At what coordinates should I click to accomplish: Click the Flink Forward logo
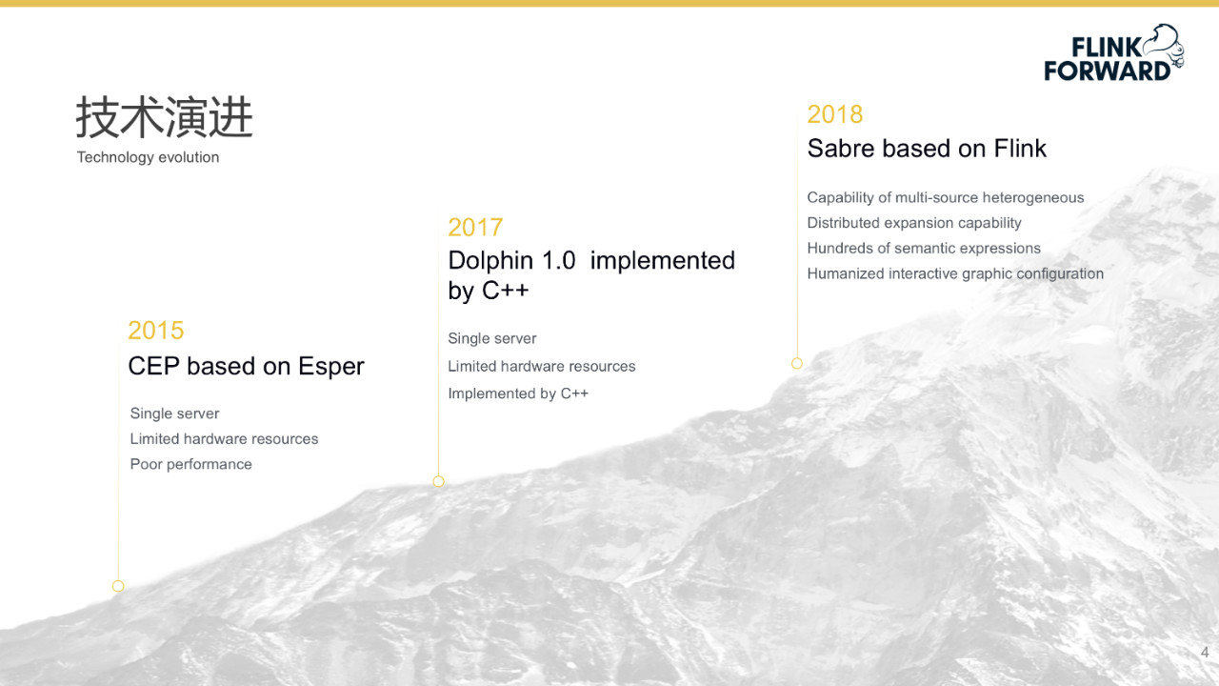[1113, 53]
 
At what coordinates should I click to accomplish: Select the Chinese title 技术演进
[165, 117]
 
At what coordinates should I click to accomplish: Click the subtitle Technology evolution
[148, 157]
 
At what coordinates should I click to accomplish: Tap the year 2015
[155, 331]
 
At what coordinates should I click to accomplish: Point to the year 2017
[475, 228]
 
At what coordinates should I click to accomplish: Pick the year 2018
[835, 114]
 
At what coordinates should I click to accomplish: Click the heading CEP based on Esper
[246, 367]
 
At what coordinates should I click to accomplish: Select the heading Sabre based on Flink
[927, 149]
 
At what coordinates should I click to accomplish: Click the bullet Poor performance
[191, 464]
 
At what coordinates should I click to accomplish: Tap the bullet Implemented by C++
[518, 393]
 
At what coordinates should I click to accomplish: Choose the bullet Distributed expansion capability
[914, 223]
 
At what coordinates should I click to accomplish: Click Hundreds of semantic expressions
[924, 249]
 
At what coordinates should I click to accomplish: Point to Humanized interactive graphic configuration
[955, 273]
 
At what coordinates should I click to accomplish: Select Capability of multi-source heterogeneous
[946, 197]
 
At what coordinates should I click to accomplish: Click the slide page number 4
[1205, 653]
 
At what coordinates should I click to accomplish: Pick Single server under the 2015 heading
[174, 414]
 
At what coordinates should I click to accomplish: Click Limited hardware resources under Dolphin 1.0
[542, 367]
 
